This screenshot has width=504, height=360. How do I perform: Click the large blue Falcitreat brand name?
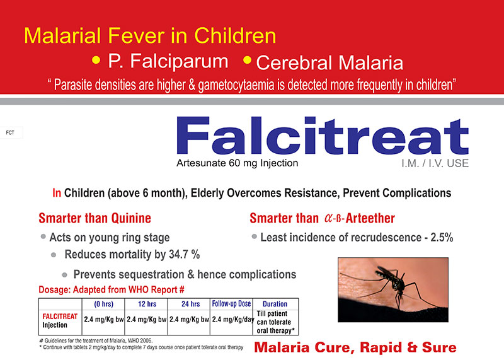(323, 136)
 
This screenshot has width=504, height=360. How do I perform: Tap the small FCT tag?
(10, 132)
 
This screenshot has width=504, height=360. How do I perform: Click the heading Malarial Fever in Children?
(150, 35)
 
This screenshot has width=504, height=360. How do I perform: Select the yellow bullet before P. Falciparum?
(96, 60)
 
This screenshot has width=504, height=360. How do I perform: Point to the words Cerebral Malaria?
(329, 62)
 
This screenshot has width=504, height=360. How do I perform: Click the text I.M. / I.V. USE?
(435, 163)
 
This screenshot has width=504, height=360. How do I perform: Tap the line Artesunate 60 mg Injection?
(238, 163)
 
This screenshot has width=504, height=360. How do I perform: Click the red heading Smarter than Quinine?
(95, 218)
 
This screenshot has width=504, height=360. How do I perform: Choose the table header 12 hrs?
(147, 304)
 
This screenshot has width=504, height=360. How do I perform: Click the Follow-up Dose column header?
(231, 304)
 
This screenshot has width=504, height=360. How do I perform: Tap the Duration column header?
(275, 304)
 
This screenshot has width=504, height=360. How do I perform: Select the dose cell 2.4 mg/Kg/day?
(232, 320)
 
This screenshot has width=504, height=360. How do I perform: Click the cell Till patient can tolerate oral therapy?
(274, 322)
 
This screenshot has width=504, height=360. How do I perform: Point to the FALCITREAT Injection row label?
(60, 321)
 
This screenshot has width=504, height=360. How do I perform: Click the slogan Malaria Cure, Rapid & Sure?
(355, 347)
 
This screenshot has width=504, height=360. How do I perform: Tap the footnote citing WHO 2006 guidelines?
(96, 340)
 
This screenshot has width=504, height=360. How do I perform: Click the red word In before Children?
(57, 193)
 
